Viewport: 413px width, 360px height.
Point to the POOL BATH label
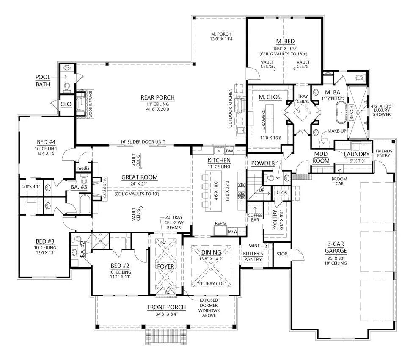(x=43, y=80)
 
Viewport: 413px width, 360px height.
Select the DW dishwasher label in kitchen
(x=229, y=150)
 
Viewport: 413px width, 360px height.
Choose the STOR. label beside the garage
(x=282, y=254)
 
